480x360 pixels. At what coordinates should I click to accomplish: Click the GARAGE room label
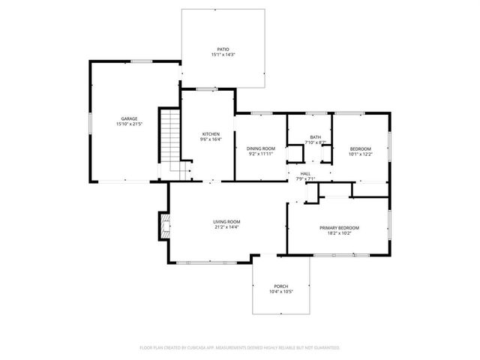point(129,118)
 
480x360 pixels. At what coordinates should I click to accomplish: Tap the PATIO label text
point(223,49)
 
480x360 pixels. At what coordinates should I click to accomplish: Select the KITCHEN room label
point(209,133)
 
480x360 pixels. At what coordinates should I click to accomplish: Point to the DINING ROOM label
point(260,148)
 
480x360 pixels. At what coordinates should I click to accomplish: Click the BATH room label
point(315,136)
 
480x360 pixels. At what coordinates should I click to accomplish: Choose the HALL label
point(305,173)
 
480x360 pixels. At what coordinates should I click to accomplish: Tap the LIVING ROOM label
point(226,221)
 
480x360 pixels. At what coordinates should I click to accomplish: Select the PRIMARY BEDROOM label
point(339,228)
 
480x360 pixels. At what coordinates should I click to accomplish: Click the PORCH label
point(280,286)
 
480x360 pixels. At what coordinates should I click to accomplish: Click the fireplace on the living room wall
point(162,225)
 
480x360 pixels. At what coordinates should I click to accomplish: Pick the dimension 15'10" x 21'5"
point(129,124)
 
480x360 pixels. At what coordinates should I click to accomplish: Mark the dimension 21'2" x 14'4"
point(226,227)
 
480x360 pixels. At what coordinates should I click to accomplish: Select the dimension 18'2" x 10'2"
point(339,233)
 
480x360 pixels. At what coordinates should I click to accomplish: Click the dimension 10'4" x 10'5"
point(280,292)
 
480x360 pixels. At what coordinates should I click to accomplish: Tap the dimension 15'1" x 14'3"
point(223,55)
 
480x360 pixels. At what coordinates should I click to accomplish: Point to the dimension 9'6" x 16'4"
point(209,139)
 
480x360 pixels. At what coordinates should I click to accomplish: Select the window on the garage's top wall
point(137,61)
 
